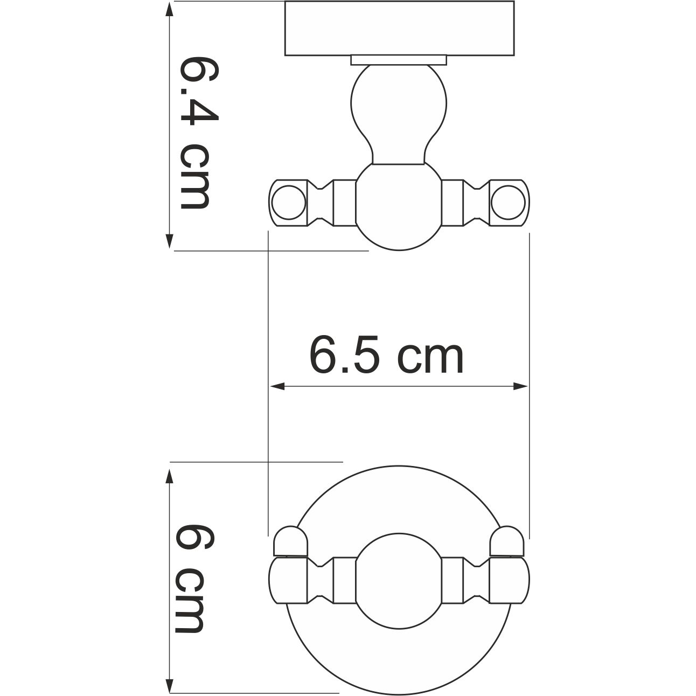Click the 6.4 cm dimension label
click(194, 132)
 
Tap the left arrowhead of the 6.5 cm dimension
click(276, 386)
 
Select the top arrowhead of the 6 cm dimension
click(169, 476)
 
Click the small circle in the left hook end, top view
click(288, 203)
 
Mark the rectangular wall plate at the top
click(399, 28)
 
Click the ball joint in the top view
click(399, 207)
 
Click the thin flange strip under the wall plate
click(399, 60)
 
